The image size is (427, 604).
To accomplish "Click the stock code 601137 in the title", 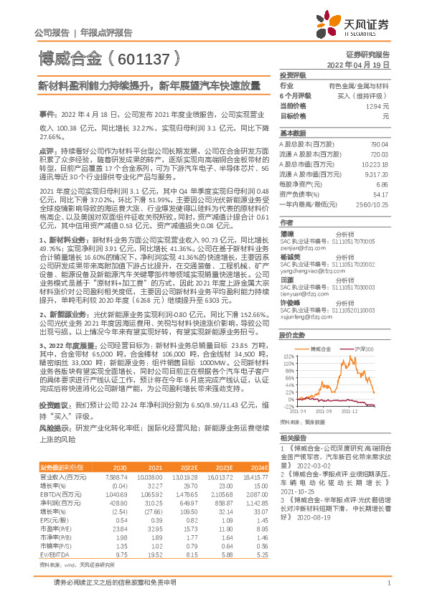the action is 154,55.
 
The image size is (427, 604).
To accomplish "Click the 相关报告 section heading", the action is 291,437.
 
